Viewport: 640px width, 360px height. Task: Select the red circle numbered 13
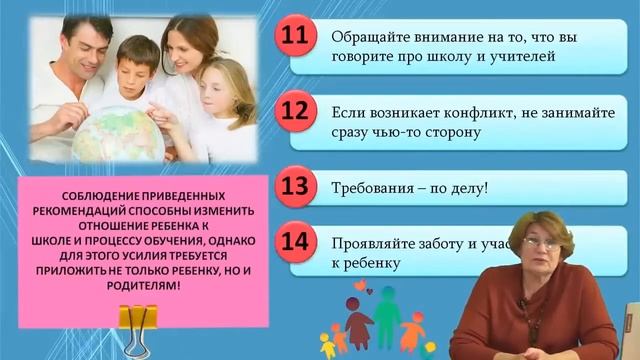pos(295,187)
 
